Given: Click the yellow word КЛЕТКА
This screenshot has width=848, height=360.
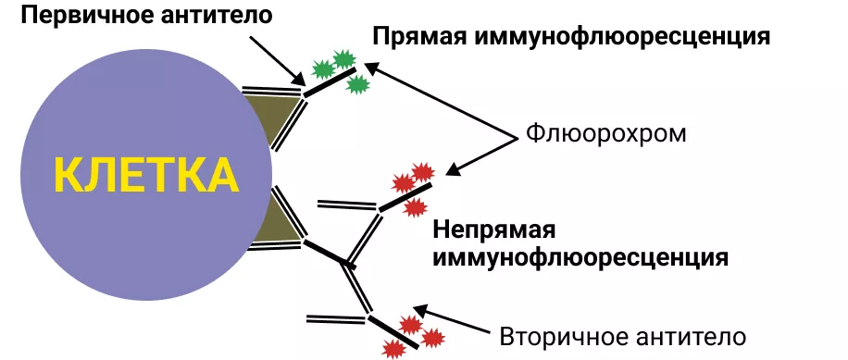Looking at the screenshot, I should click(x=144, y=175).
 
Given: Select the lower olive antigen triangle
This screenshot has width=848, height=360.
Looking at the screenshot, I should click(x=276, y=222).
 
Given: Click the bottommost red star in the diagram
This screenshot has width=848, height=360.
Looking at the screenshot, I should click(x=393, y=348).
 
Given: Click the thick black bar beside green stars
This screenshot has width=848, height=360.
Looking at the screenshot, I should click(x=326, y=83).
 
